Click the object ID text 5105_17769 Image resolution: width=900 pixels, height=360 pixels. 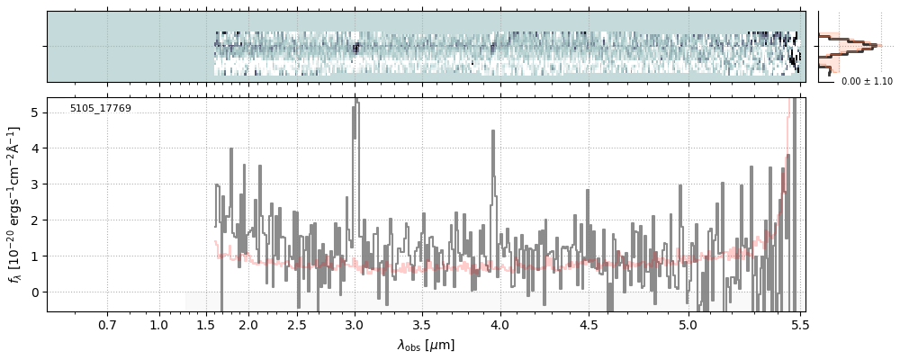[101, 109]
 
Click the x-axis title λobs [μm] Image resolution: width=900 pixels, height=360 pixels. [426, 345]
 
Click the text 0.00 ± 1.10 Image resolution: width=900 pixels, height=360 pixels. [867, 82]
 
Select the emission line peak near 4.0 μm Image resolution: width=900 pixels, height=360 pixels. [493, 132]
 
